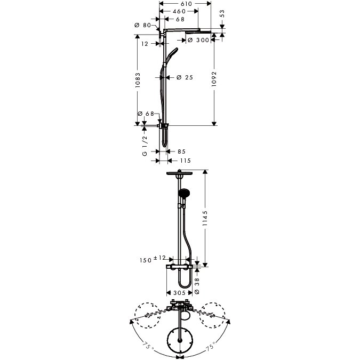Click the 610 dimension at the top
coord(186,4)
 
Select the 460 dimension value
coord(179,11)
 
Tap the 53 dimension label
coord(222,13)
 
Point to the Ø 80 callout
coord(142,25)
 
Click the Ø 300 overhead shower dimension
coord(198,40)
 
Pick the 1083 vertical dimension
coord(138,80)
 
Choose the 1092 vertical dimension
coord(214,79)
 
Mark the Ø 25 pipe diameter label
coord(185,77)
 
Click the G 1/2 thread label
coord(145,146)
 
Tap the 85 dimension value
coord(181,151)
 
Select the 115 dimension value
coord(185,161)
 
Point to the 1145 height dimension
coord(205,218)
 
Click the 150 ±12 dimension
coord(153,259)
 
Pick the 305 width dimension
coord(179,293)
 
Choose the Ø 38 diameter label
coord(197,286)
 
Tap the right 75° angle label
coord(211,346)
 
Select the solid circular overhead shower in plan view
coord(180,340)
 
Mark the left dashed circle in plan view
coord(147,315)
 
